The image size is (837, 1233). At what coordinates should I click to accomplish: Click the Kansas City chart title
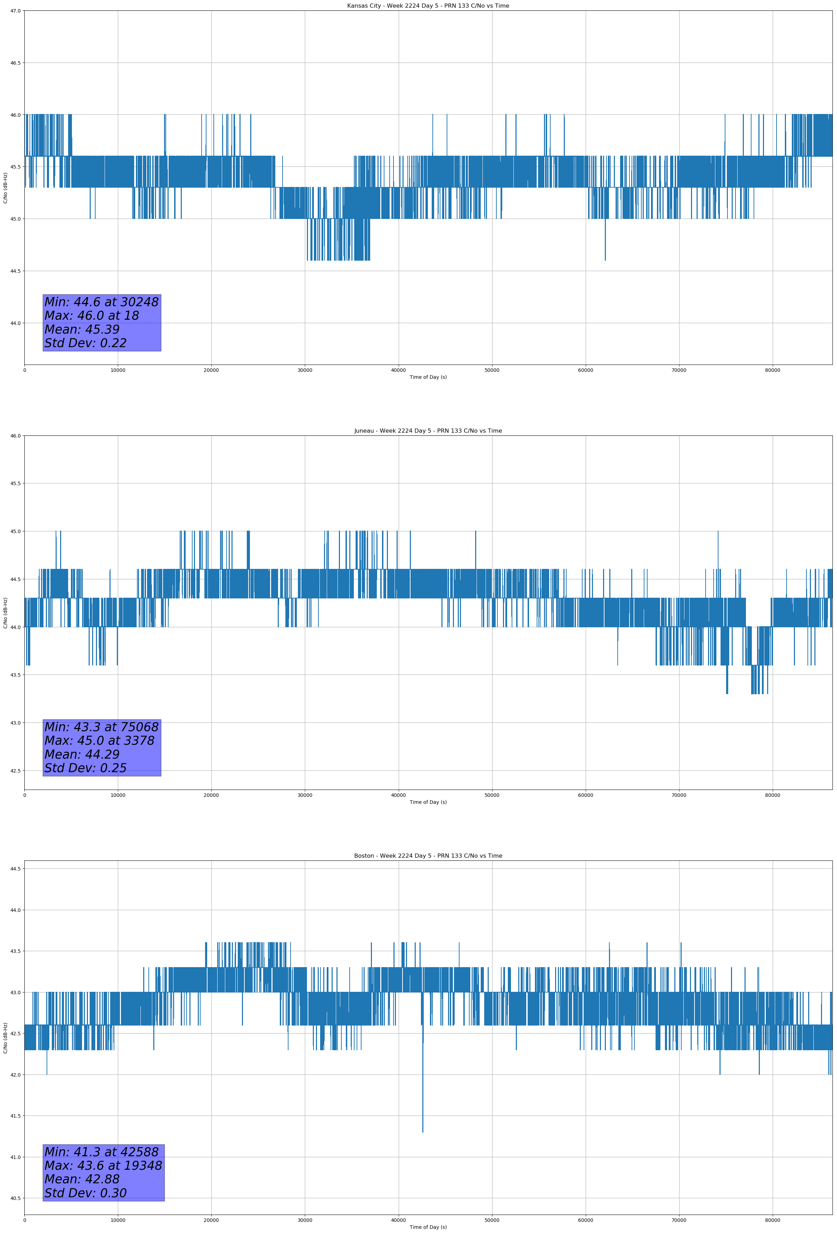(x=428, y=6)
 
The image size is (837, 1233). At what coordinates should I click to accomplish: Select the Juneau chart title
(x=428, y=431)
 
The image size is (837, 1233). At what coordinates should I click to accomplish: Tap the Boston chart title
(x=428, y=856)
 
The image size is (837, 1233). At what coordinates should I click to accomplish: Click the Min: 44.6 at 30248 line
(x=101, y=302)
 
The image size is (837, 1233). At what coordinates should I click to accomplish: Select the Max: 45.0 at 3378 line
(x=99, y=741)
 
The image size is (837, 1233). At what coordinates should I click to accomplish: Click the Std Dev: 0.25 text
(x=86, y=768)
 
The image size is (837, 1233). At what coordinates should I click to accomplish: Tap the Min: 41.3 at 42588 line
(x=101, y=1152)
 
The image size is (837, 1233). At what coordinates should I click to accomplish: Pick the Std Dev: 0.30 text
(x=86, y=1193)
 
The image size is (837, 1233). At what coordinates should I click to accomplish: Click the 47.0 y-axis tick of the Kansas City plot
(x=15, y=11)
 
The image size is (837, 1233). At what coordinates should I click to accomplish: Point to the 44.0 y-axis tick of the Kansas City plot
(x=15, y=323)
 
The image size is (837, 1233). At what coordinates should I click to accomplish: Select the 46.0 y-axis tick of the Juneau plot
(x=15, y=436)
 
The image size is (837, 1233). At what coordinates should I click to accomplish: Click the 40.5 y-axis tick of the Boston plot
(x=15, y=1199)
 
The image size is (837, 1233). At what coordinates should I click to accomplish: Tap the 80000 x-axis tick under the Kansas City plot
(x=772, y=370)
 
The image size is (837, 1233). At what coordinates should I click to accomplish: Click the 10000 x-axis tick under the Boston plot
(x=118, y=1220)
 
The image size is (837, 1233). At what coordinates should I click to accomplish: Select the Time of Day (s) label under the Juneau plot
(x=428, y=802)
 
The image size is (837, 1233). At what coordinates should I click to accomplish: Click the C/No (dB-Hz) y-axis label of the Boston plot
(x=5, y=1038)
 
